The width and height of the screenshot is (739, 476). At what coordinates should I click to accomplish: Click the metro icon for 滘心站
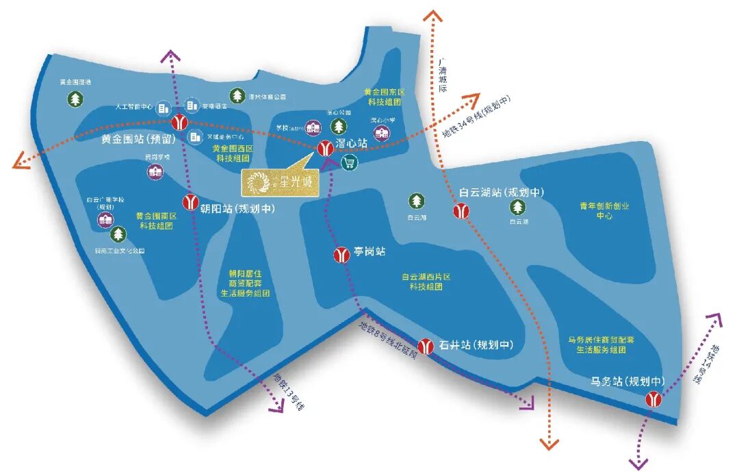click(326, 147)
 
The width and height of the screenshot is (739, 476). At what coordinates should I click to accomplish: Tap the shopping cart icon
click(349, 162)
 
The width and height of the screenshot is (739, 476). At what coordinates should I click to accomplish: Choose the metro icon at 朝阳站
click(191, 203)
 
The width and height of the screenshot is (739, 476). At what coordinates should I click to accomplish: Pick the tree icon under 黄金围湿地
click(75, 99)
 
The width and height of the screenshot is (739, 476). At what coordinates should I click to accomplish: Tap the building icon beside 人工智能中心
click(163, 108)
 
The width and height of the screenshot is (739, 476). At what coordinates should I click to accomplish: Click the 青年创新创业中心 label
click(604, 210)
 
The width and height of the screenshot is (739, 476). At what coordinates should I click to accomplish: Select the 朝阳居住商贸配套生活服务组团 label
click(244, 283)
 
